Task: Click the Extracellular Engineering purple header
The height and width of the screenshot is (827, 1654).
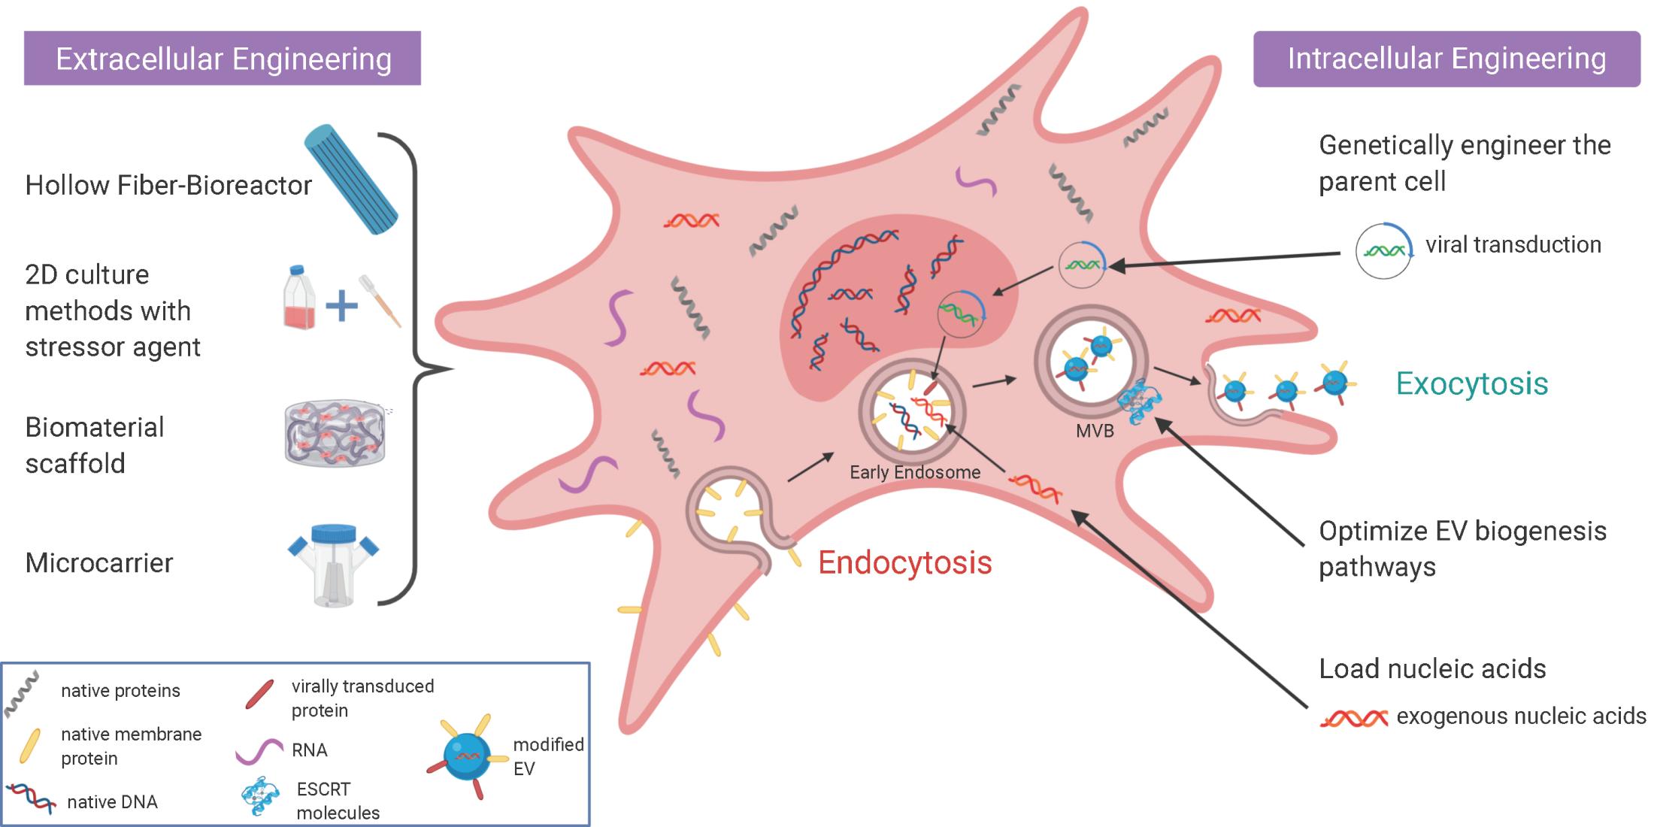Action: [x=223, y=59]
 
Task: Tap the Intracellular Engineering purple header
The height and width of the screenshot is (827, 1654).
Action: [x=1446, y=59]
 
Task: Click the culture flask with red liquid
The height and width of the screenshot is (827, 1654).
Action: [x=298, y=298]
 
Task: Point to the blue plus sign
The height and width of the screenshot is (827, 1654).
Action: [x=341, y=305]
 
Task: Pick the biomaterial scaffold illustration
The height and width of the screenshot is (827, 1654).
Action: [x=335, y=433]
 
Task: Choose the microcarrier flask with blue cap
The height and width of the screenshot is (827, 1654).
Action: [x=334, y=564]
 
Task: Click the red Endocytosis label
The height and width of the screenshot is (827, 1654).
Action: [x=904, y=563]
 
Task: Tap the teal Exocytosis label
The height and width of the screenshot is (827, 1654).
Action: [x=1471, y=384]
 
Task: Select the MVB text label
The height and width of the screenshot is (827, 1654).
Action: [x=1094, y=432]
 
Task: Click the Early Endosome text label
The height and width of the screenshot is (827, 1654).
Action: [x=914, y=472]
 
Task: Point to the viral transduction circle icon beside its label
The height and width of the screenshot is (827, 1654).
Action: [x=1383, y=251]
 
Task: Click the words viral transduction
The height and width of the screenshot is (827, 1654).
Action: [x=1513, y=245]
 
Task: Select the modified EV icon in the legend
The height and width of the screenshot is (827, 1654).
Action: [x=468, y=756]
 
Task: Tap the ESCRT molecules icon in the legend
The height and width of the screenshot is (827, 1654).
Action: [x=259, y=797]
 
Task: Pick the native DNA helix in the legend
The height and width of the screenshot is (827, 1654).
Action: [x=31, y=798]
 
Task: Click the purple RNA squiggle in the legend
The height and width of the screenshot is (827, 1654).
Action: [x=259, y=751]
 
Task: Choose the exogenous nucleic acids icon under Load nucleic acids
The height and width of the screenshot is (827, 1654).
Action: [x=1353, y=718]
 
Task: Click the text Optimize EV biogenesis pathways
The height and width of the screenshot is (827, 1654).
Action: [x=1462, y=549]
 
